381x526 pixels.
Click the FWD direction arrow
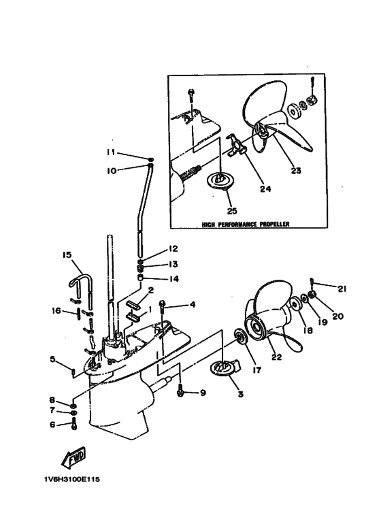(73, 457)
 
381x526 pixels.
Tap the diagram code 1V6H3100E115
(71, 479)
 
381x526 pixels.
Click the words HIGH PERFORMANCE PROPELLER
(246, 224)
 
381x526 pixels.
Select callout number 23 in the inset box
(296, 170)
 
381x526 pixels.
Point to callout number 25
(232, 211)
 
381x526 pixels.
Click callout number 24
(265, 189)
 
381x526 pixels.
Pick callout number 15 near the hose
(67, 255)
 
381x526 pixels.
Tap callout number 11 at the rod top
(111, 152)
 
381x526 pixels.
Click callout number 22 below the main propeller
(277, 357)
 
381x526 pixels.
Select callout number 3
(240, 394)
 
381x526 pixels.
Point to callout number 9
(203, 392)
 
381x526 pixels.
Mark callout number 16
(56, 311)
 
